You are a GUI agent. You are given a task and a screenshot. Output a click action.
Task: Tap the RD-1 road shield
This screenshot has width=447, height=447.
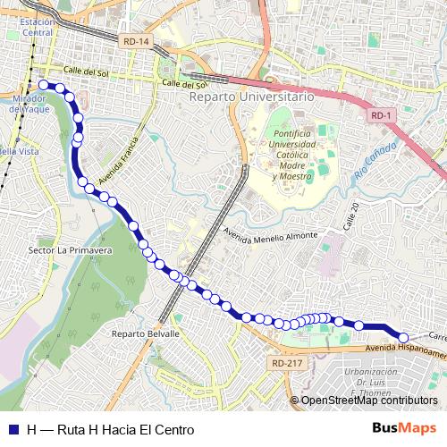(379, 115)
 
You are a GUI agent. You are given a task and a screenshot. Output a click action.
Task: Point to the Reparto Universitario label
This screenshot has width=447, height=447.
(250, 95)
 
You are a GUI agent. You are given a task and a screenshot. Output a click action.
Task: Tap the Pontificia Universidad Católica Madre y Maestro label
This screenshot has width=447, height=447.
(288, 154)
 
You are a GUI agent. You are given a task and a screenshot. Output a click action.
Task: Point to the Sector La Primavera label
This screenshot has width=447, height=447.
(70, 251)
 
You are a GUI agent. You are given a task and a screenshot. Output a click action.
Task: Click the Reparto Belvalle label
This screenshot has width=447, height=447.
(146, 333)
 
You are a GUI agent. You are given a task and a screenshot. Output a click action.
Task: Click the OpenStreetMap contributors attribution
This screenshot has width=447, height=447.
(368, 401)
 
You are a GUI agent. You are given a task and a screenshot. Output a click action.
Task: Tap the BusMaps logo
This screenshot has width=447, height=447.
(404, 429)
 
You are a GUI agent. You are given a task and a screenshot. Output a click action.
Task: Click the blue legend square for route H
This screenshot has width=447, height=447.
(13, 430)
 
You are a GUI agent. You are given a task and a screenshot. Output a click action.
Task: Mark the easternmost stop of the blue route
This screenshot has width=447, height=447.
(403, 338)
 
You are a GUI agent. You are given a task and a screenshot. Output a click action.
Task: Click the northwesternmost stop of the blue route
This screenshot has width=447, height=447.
(42, 85)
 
